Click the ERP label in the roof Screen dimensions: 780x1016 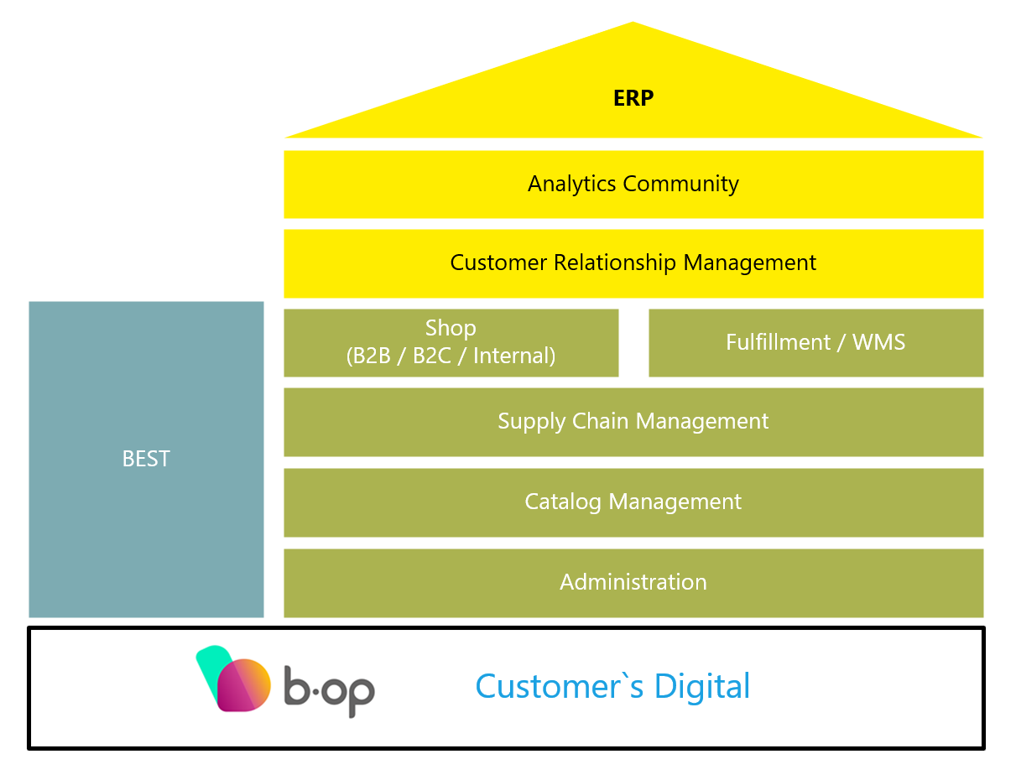pyautogui.click(x=633, y=99)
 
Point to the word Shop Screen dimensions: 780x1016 pyautogui.click(x=451, y=328)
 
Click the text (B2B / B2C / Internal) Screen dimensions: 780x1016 pyautogui.click(x=451, y=356)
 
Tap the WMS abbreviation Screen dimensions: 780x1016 pyautogui.click(x=878, y=342)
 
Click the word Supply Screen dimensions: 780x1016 pyautogui.click(x=532, y=421)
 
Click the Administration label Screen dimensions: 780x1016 pyautogui.click(x=633, y=582)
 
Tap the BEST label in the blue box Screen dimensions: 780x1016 pyautogui.click(x=146, y=459)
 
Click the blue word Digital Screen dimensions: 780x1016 pyautogui.click(x=702, y=686)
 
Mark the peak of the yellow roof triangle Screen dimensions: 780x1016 pyautogui.click(x=633, y=23)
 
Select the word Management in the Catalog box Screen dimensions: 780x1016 pyautogui.click(x=675, y=502)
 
